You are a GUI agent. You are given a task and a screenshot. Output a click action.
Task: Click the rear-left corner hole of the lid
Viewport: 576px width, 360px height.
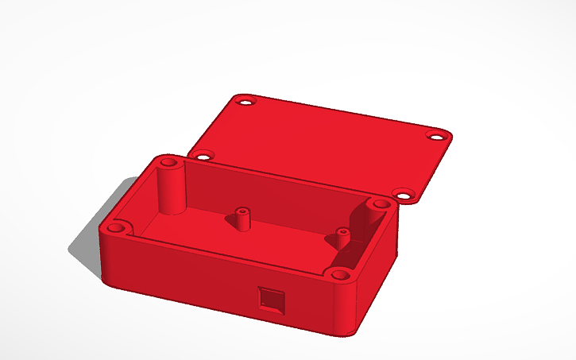pos(245,102)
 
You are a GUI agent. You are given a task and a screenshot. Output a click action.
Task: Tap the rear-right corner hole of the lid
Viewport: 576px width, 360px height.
pos(438,134)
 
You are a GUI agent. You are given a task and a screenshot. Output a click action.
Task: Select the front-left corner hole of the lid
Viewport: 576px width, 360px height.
pos(204,154)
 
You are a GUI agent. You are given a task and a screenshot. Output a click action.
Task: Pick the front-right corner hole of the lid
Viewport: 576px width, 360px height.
pos(404,194)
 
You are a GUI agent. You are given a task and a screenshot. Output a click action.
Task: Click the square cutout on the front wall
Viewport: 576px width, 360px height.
pos(271,300)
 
